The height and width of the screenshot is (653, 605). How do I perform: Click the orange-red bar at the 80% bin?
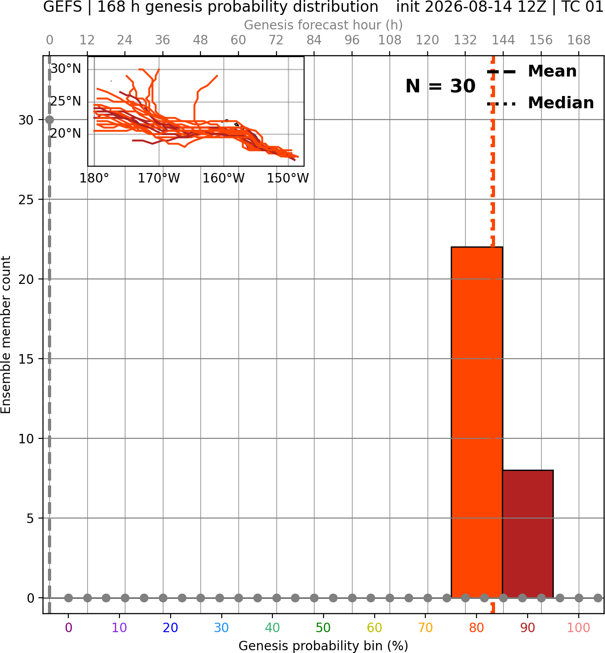(x=477, y=422)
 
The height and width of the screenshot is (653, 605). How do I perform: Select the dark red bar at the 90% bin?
(x=528, y=534)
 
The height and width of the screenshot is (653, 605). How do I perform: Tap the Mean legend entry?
(x=532, y=72)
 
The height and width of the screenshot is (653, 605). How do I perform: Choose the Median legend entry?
(x=540, y=103)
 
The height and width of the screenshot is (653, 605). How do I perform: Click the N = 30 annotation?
(x=440, y=86)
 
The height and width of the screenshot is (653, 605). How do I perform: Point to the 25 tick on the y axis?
(x=26, y=200)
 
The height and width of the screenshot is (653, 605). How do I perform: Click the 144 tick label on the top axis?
(x=503, y=40)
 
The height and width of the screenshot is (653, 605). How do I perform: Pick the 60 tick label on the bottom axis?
(x=374, y=628)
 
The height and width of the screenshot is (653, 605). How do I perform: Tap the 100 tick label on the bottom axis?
(x=579, y=628)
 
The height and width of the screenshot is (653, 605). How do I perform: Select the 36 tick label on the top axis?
(x=162, y=40)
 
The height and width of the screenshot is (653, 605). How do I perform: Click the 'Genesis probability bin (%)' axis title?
(x=324, y=646)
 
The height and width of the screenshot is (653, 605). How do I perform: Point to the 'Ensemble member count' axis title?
(x=6, y=335)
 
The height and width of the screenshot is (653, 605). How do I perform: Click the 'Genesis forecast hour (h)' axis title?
(x=324, y=25)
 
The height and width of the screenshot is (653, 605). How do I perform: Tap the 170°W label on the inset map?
(x=159, y=178)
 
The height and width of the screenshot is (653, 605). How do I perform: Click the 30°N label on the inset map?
(x=66, y=69)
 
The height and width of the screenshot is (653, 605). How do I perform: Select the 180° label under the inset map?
(x=94, y=178)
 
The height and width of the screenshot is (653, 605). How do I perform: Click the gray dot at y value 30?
(x=50, y=120)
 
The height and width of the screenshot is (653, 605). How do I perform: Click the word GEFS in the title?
(x=62, y=7)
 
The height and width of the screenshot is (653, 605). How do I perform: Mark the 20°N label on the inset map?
(x=66, y=134)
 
